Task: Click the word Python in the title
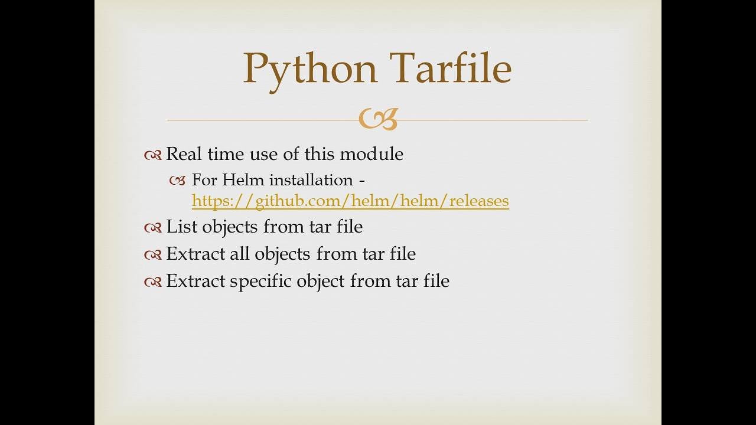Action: pos(310,68)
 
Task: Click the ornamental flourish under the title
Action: pos(378,119)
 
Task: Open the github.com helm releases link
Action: pos(350,201)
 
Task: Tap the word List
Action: pos(181,226)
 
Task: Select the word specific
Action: pos(260,281)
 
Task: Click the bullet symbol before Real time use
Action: pos(152,155)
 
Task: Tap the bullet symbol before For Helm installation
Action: pos(177,181)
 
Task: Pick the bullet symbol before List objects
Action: pos(152,227)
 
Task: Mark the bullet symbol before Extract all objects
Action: pos(152,255)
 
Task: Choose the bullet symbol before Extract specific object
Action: pos(152,282)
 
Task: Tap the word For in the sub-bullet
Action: pos(204,179)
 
